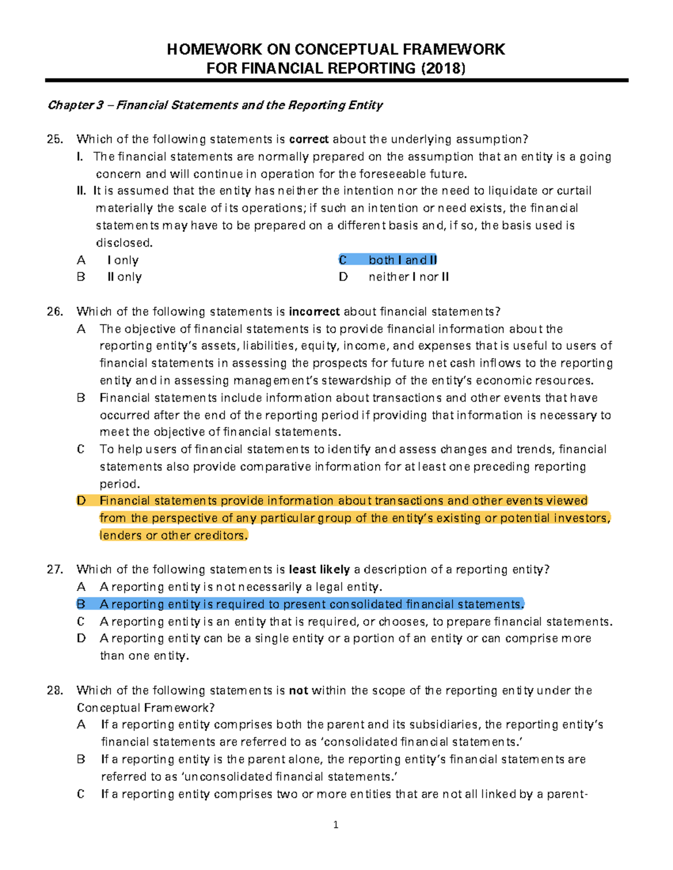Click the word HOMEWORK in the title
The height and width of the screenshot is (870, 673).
[x=214, y=49]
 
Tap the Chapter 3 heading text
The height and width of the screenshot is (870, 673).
[x=215, y=105]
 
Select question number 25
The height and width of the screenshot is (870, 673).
[x=55, y=139]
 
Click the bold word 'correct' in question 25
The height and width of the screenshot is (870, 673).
[x=310, y=139]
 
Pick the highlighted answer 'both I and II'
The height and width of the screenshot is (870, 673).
[x=402, y=260]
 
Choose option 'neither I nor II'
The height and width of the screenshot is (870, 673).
[x=408, y=277]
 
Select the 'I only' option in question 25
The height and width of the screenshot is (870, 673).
[x=123, y=260]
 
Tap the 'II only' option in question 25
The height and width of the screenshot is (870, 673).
[x=125, y=277]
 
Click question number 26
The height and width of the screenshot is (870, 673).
[x=55, y=312]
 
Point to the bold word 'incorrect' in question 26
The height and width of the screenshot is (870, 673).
[x=314, y=312]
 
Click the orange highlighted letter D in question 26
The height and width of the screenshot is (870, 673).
[x=81, y=501]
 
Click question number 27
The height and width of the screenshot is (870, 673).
[x=55, y=570]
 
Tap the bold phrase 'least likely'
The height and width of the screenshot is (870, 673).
[x=319, y=570]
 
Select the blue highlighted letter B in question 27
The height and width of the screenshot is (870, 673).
[x=81, y=604]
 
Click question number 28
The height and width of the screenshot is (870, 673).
[x=55, y=691]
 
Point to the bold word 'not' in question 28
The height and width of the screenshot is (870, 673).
[x=298, y=691]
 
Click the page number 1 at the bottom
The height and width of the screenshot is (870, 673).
[x=335, y=825]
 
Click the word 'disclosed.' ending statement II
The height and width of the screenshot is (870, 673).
[x=124, y=243]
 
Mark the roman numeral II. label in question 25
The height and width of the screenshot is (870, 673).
[x=81, y=191]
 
